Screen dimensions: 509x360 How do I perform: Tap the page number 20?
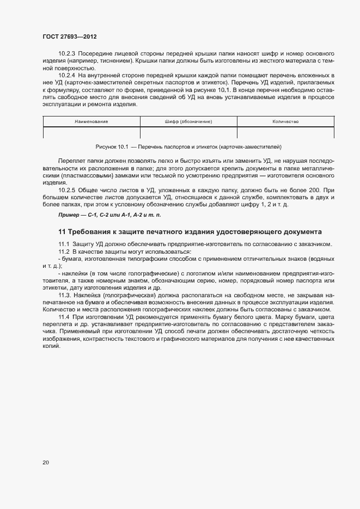46,463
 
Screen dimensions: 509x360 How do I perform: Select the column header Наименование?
91,121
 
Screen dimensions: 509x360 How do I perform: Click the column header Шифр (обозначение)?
188,121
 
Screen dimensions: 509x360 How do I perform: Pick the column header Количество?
285,121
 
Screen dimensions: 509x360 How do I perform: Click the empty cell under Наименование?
91,132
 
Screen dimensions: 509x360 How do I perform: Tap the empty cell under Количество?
285,132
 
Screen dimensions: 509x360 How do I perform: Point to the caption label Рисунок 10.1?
112,147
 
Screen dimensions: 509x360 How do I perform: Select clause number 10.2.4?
67,75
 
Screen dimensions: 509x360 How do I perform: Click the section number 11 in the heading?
62,232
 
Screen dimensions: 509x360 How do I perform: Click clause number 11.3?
65,295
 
